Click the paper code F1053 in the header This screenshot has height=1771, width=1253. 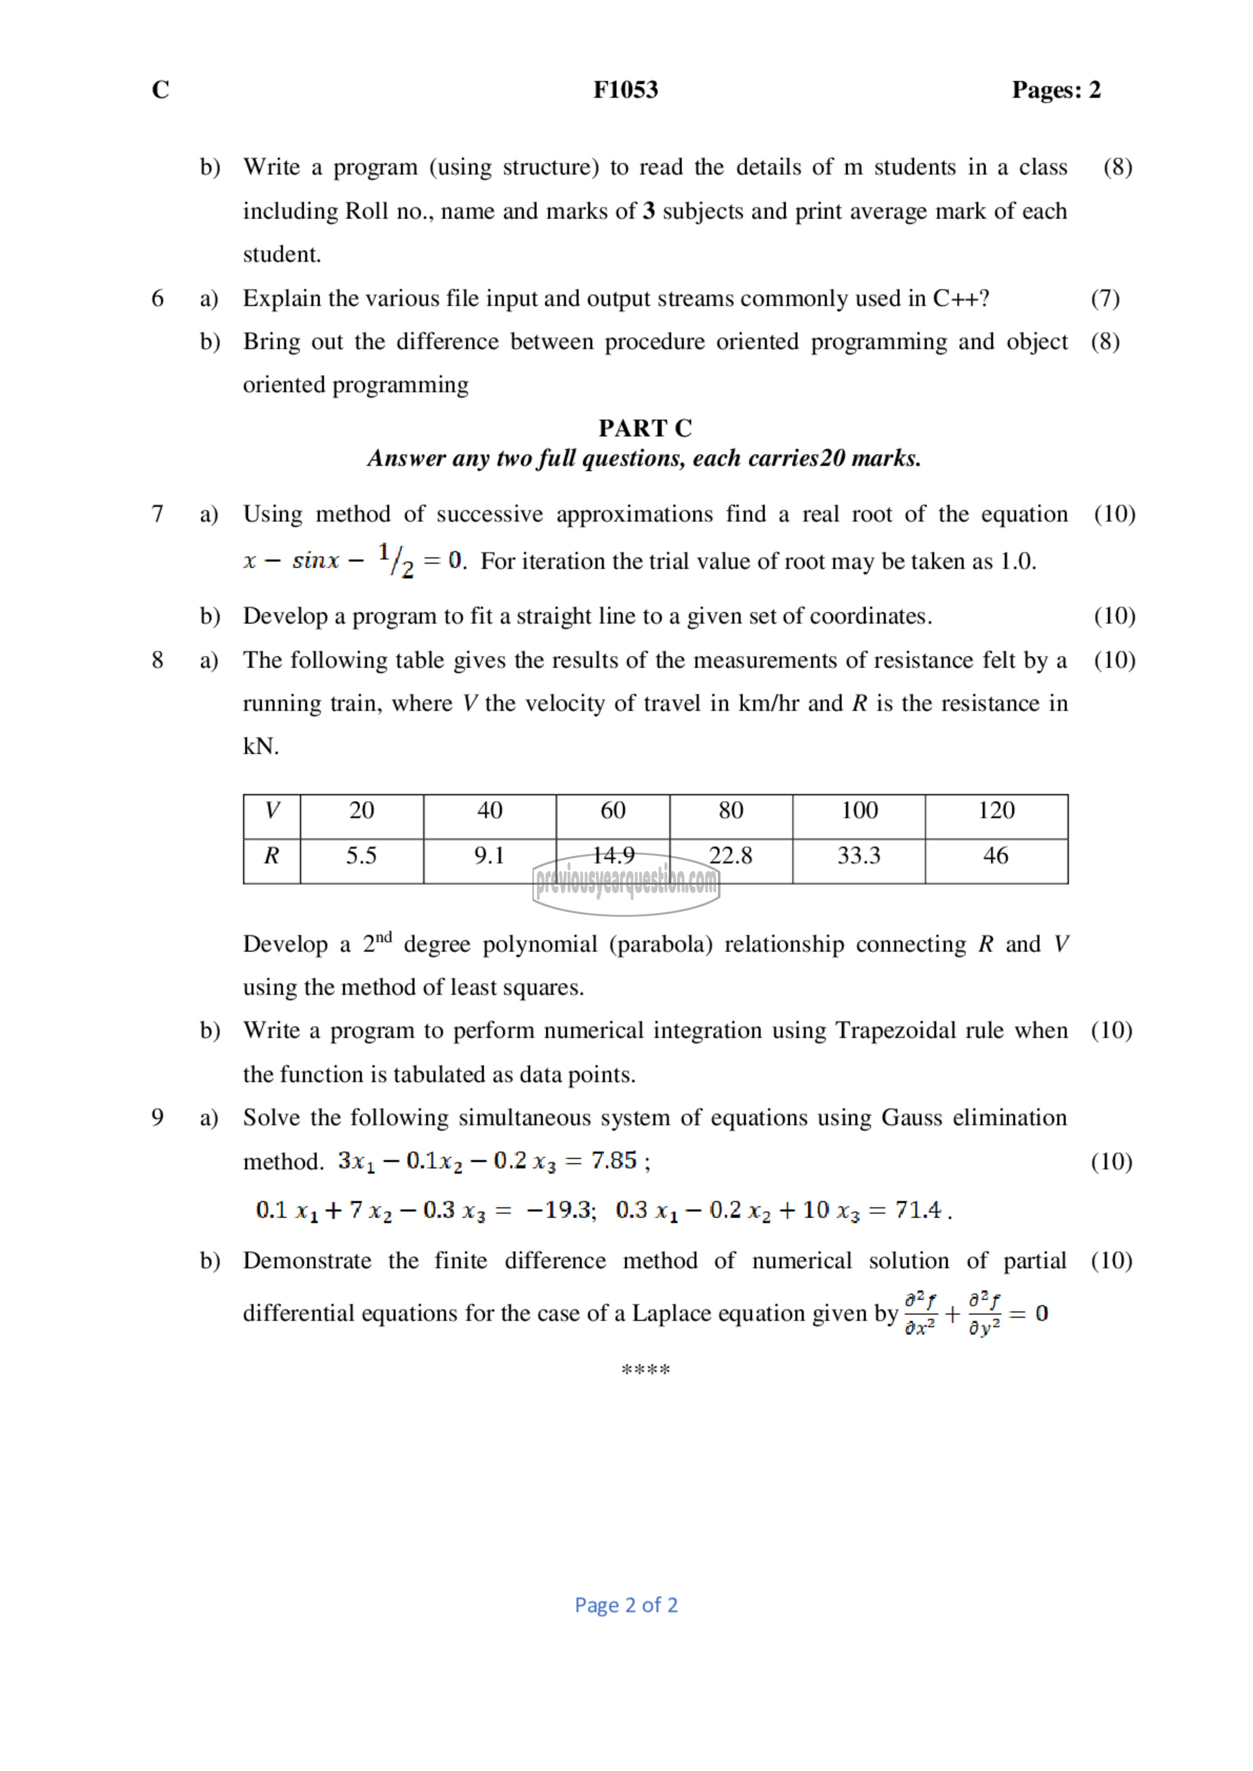coord(625,90)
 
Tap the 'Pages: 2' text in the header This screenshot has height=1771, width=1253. coord(1056,90)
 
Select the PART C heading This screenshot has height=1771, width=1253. coord(645,428)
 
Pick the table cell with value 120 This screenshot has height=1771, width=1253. coord(996,811)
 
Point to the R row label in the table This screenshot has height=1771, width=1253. coord(271,855)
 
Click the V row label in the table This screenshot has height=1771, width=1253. coord(271,811)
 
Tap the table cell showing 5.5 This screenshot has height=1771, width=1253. coord(361,855)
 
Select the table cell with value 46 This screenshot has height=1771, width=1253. coord(996,855)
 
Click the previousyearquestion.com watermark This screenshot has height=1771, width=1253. coord(626,883)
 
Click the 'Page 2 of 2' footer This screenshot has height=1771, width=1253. coord(626,1605)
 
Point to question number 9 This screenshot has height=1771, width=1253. coord(157,1118)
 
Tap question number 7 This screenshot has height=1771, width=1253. coord(157,514)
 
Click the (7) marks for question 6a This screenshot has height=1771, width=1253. coord(1105,299)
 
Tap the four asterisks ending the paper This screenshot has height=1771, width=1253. coord(645,1371)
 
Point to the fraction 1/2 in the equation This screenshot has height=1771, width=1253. coord(396,560)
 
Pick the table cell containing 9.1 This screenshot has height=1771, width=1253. coord(489,855)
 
